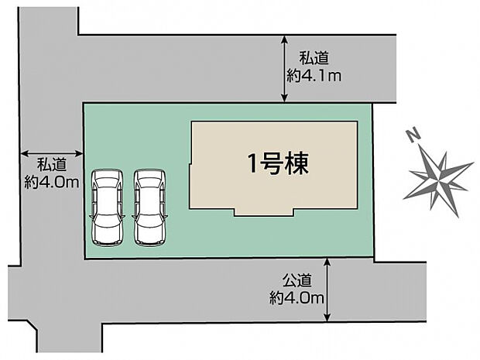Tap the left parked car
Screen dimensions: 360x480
tap(107, 207)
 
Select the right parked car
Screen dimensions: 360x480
tap(149, 207)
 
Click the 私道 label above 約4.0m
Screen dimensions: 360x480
tap(52, 165)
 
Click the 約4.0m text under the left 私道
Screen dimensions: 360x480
tap(52, 183)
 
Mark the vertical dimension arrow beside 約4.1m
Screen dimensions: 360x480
tap(285, 69)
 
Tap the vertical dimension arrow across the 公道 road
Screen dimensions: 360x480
tap(330, 290)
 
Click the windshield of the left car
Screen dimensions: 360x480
tap(107, 190)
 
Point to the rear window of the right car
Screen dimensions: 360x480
tap(149, 229)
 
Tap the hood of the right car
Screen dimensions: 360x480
tap(149, 179)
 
